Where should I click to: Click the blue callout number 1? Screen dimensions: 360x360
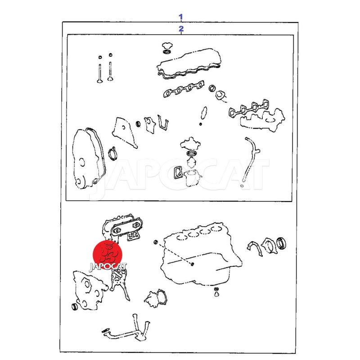181,17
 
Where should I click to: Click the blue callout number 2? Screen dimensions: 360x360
181,29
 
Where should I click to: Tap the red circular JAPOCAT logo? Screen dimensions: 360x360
108,255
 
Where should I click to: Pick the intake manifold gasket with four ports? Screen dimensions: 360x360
184,89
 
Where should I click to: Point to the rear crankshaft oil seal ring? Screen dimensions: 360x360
281,243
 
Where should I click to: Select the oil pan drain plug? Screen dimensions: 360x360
216,292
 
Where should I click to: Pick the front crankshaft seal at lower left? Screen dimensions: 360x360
75,307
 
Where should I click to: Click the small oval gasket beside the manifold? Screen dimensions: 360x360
204,113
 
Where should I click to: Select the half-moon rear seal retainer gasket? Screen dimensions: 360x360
254,248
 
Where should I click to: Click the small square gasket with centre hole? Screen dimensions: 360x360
178,173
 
